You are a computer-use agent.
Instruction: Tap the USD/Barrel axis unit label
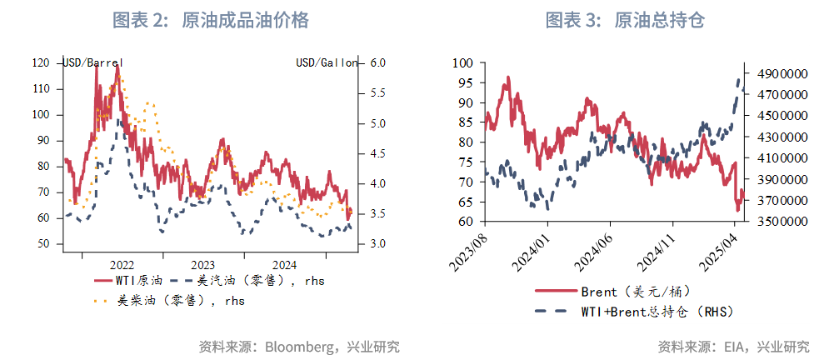point(93,62)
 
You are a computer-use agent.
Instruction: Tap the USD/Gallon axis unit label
point(327,62)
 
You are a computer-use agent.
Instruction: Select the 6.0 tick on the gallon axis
point(376,62)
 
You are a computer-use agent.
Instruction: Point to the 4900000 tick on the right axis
point(782,74)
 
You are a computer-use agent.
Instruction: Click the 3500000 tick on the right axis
point(782,222)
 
